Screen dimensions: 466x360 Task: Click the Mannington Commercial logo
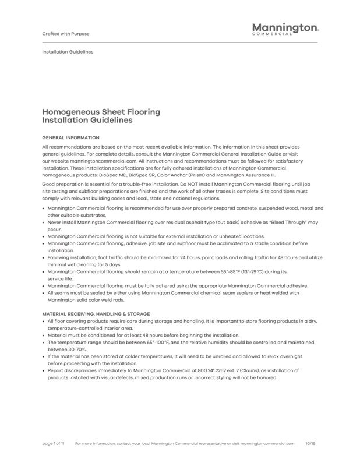tap(285, 29)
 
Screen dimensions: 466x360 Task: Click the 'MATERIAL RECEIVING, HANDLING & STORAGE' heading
tap(96, 313)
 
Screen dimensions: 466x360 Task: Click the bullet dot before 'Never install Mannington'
tap(44, 223)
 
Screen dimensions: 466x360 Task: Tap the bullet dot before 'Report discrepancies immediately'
tap(44, 370)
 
